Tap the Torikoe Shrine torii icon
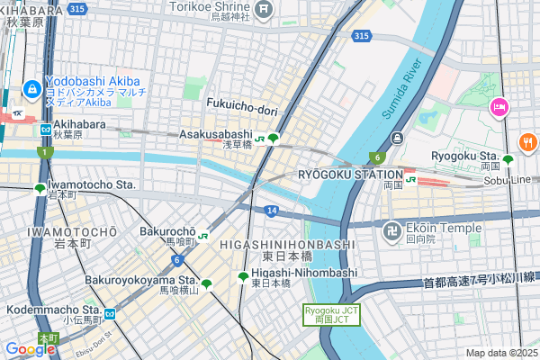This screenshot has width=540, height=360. pos(264,10)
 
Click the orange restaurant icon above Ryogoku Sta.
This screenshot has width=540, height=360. pos(527,140)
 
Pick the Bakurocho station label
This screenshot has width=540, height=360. pos(167,231)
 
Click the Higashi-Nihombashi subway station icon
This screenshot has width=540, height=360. pos(242,277)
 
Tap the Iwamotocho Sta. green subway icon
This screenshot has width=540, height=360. pos(40,189)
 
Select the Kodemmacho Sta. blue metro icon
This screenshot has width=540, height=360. pos(109,314)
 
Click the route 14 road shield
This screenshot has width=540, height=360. pos(271,210)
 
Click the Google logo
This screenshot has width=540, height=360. pos(29,348)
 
